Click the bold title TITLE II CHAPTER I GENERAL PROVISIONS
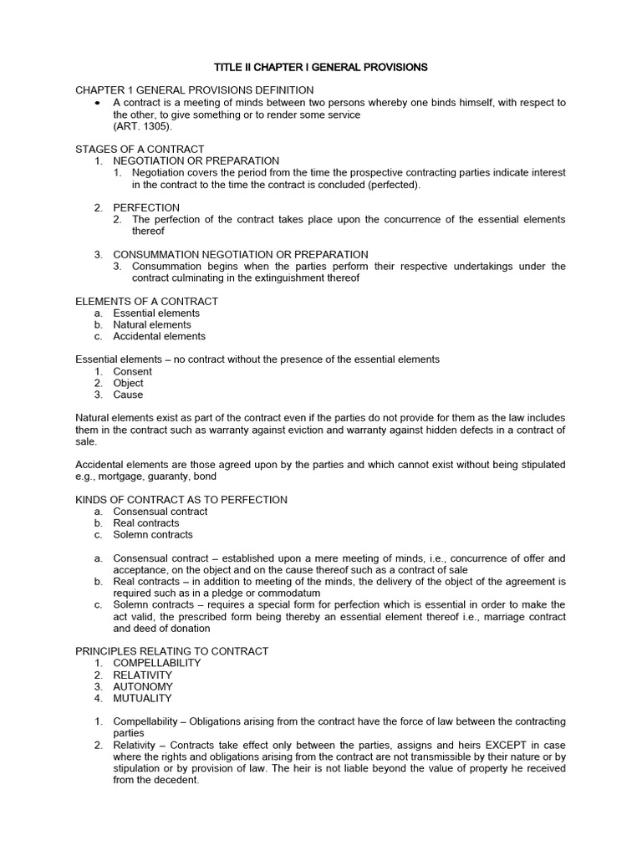320,66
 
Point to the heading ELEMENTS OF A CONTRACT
146,301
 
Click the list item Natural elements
152,324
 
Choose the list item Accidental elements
159,336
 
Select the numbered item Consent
133,371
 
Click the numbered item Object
129,383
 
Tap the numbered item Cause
129,395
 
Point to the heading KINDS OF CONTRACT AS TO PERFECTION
181,500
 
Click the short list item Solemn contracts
153,534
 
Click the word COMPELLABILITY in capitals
157,663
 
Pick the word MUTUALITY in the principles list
143,698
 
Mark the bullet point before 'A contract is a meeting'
98,102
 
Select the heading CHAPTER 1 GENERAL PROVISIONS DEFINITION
195,90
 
